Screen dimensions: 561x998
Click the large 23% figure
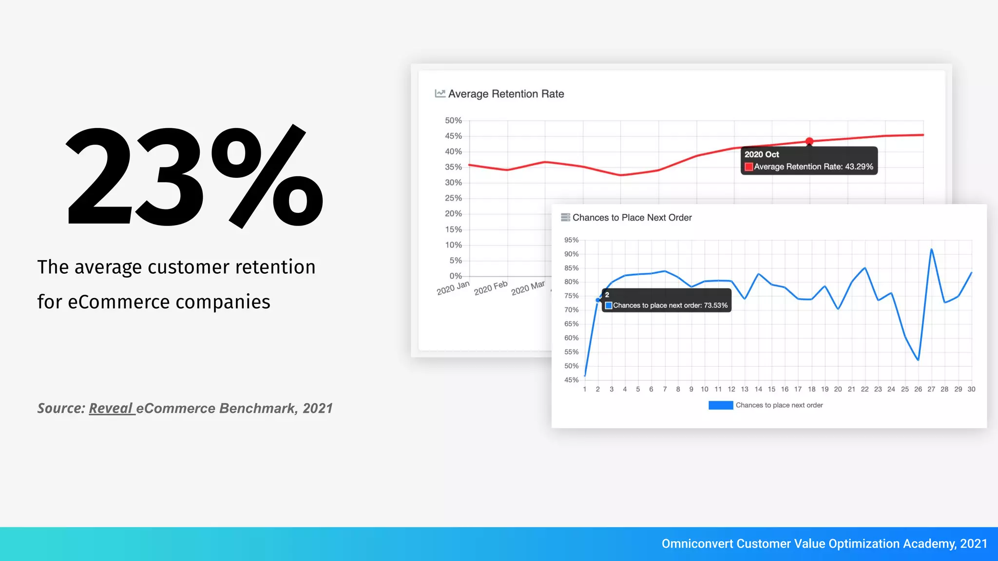tap(194, 176)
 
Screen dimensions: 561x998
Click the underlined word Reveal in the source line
tap(111, 408)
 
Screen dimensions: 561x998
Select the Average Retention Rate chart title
tap(506, 94)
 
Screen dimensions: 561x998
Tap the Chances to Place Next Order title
tap(632, 218)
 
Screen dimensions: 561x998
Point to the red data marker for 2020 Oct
tap(809, 141)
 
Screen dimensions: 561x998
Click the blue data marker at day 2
tap(598, 300)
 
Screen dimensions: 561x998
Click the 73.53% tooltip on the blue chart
tap(666, 300)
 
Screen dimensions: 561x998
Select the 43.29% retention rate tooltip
tap(809, 161)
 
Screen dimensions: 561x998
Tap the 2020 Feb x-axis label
tap(491, 288)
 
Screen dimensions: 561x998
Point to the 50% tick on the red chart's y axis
tap(453, 120)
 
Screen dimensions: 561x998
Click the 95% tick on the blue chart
tap(571, 240)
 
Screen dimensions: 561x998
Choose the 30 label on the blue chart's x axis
tap(971, 389)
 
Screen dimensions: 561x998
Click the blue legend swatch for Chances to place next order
tap(721, 405)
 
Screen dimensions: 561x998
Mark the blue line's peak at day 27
tap(931, 249)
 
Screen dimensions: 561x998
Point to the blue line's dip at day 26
tap(918, 360)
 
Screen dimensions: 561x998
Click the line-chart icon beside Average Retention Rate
tap(440, 93)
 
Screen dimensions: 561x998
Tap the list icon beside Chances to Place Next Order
tap(565, 218)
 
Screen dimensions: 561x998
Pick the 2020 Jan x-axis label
tap(453, 288)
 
